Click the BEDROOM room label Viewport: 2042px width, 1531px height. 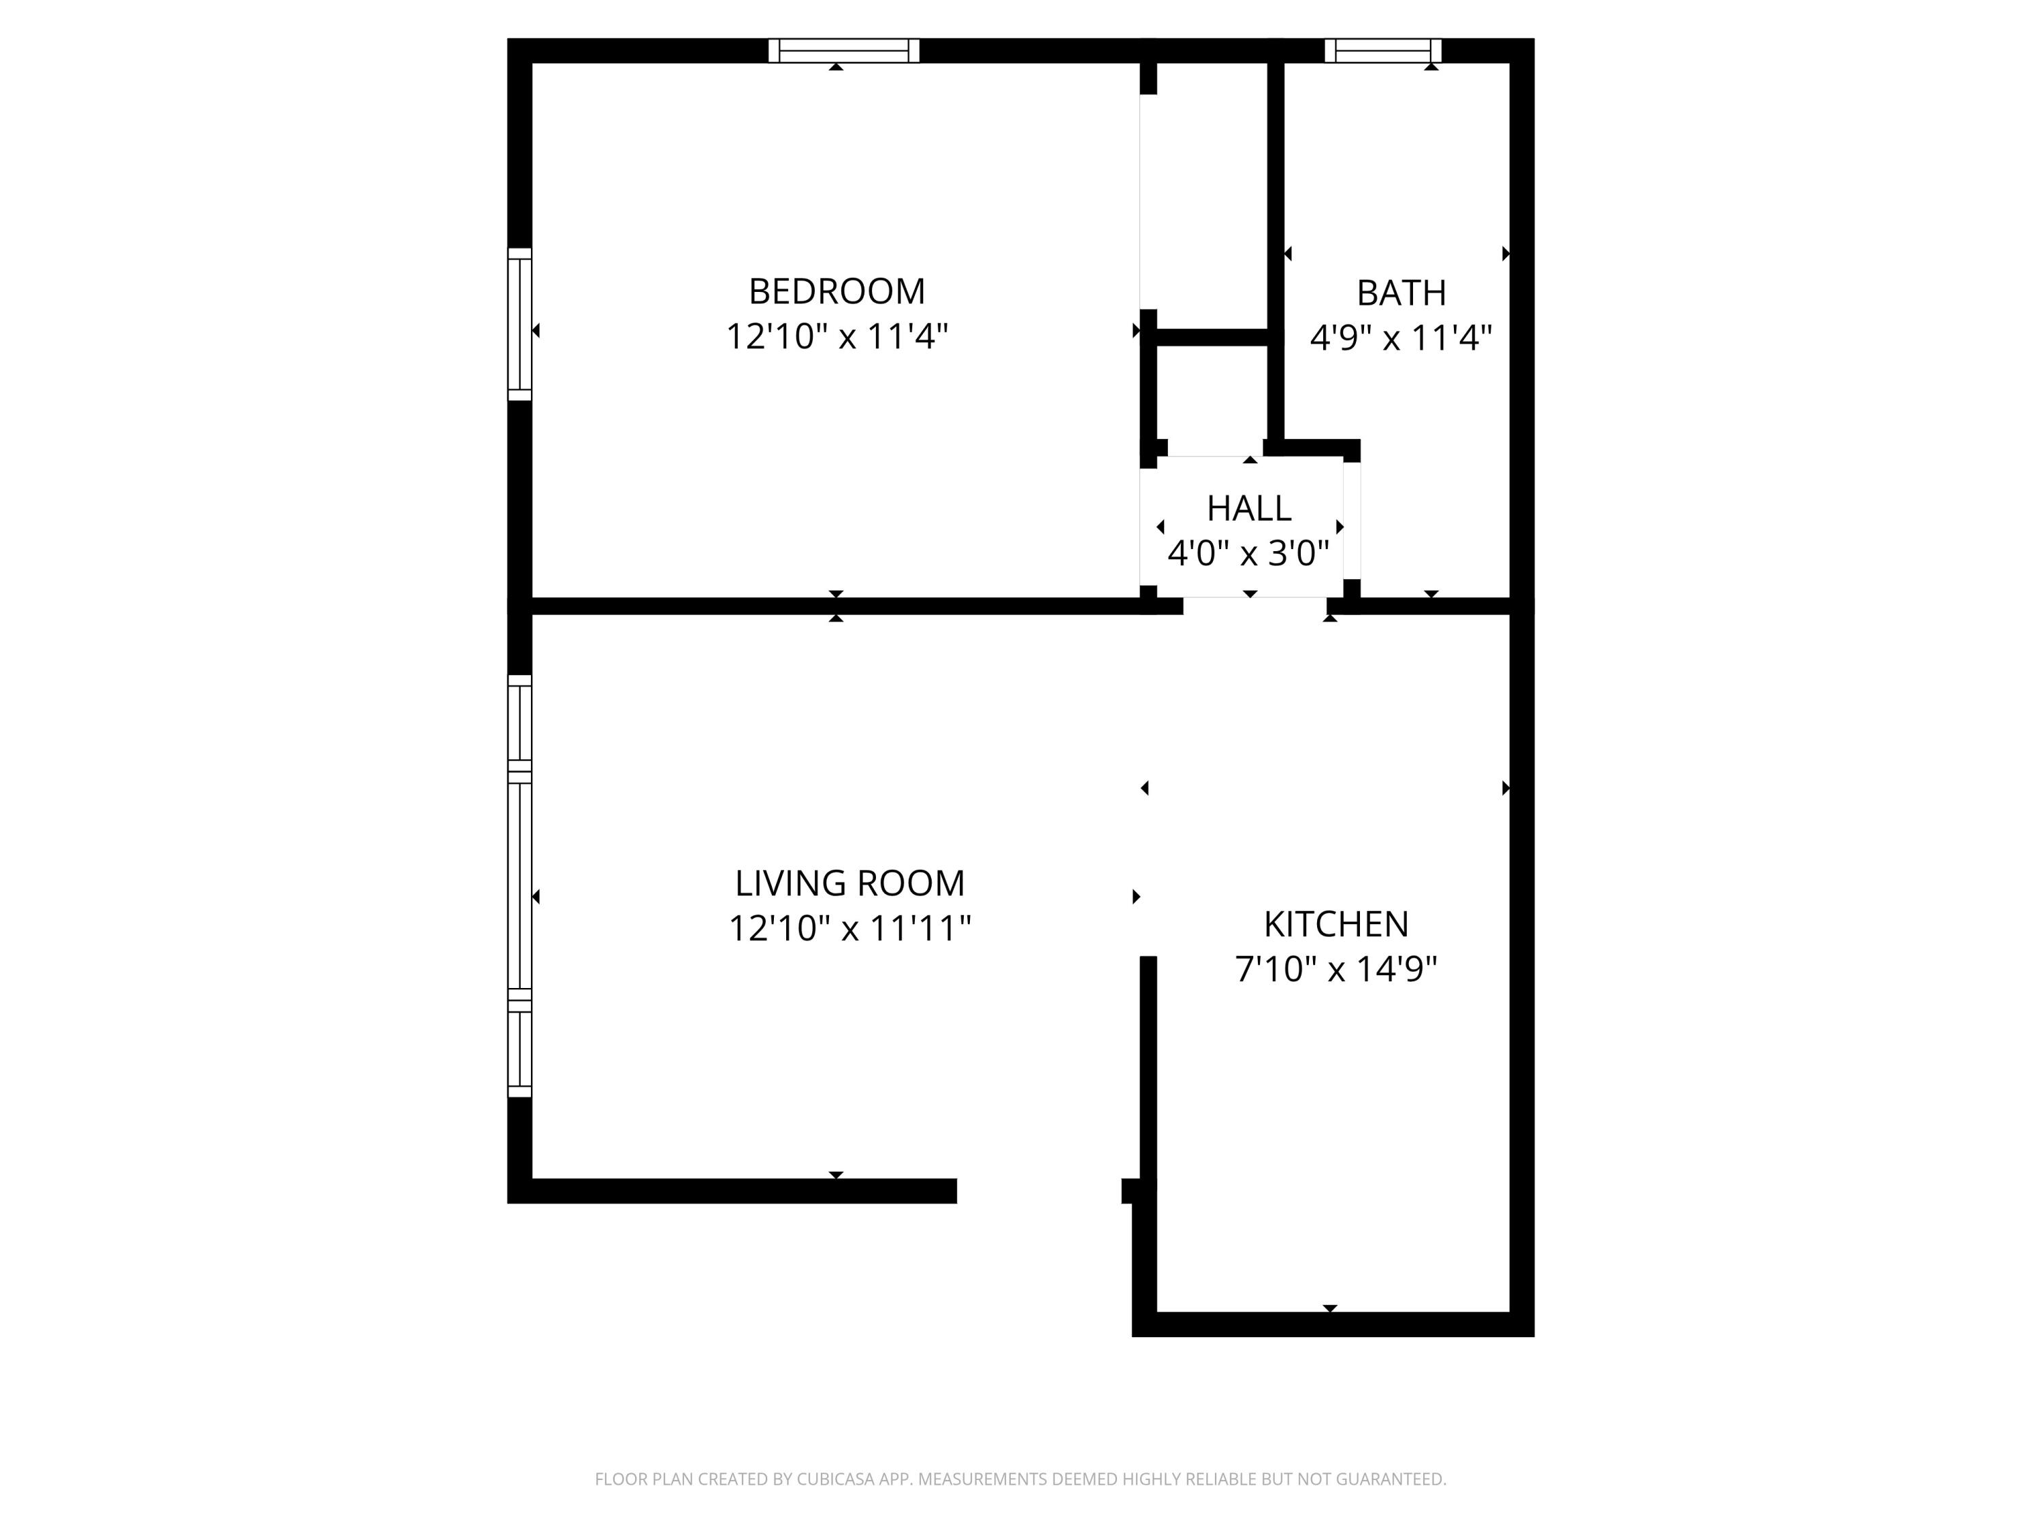[837, 292]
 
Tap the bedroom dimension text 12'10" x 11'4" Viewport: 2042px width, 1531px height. [837, 337]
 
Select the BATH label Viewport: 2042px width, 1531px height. [1400, 293]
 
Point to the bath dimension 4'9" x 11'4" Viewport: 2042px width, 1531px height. [1400, 339]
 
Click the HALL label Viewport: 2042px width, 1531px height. [1248, 508]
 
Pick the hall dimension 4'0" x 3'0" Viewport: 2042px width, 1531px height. [1248, 554]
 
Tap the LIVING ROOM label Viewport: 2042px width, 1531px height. [849, 883]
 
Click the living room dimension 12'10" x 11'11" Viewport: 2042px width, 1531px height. [849, 928]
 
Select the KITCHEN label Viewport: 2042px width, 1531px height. [1335, 924]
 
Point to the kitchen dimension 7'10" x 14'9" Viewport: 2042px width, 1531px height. [1335, 969]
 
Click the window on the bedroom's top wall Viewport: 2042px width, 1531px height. [844, 51]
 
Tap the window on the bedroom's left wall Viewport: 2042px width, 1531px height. [520, 324]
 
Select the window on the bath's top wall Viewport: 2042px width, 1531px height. [1382, 51]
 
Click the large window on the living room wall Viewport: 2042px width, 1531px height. [520, 886]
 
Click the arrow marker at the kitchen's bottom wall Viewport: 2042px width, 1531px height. [1329, 1308]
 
